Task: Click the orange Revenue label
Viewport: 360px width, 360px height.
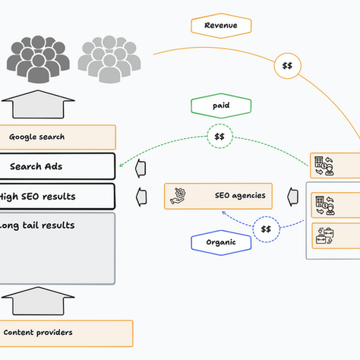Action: click(220, 26)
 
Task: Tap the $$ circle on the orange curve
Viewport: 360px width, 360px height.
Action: click(287, 66)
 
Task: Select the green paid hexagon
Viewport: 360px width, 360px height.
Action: click(220, 106)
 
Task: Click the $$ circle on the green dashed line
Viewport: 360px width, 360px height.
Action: click(219, 137)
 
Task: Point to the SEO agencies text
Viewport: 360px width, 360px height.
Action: click(241, 195)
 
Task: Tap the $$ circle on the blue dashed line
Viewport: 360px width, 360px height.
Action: click(266, 229)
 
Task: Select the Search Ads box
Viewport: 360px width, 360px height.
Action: click(57, 166)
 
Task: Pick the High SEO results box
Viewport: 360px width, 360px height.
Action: click(57, 197)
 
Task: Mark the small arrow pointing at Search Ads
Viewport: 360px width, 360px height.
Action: click(141, 167)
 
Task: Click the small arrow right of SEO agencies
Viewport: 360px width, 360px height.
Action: click(292, 197)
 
